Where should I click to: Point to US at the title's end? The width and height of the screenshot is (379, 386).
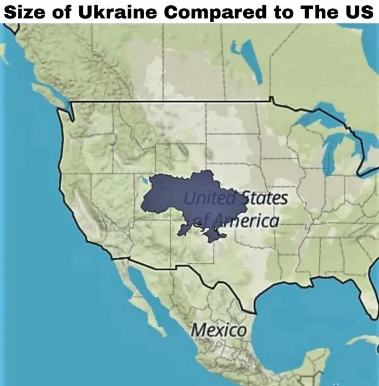(x=357, y=12)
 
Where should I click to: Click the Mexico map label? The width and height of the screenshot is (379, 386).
(x=219, y=330)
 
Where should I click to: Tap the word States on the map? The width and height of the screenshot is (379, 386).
(x=265, y=199)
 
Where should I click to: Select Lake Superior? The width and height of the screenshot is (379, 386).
(x=318, y=116)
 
